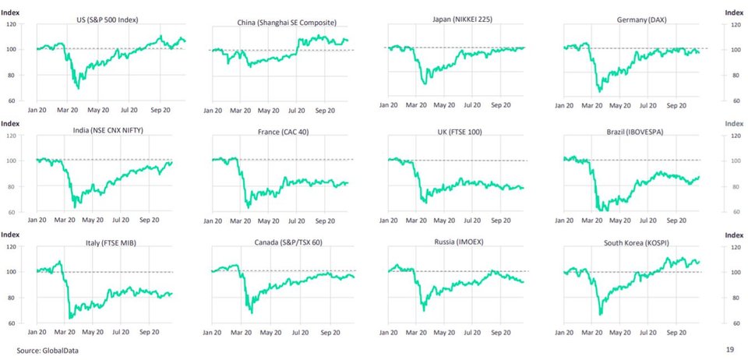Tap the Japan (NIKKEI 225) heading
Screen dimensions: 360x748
(x=460, y=18)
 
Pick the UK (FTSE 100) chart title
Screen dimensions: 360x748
(x=460, y=132)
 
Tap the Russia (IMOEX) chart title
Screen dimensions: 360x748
(x=460, y=242)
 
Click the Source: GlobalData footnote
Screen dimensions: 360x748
(x=48, y=351)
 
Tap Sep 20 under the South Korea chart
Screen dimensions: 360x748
(x=677, y=331)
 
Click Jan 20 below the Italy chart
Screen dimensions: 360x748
(x=38, y=332)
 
